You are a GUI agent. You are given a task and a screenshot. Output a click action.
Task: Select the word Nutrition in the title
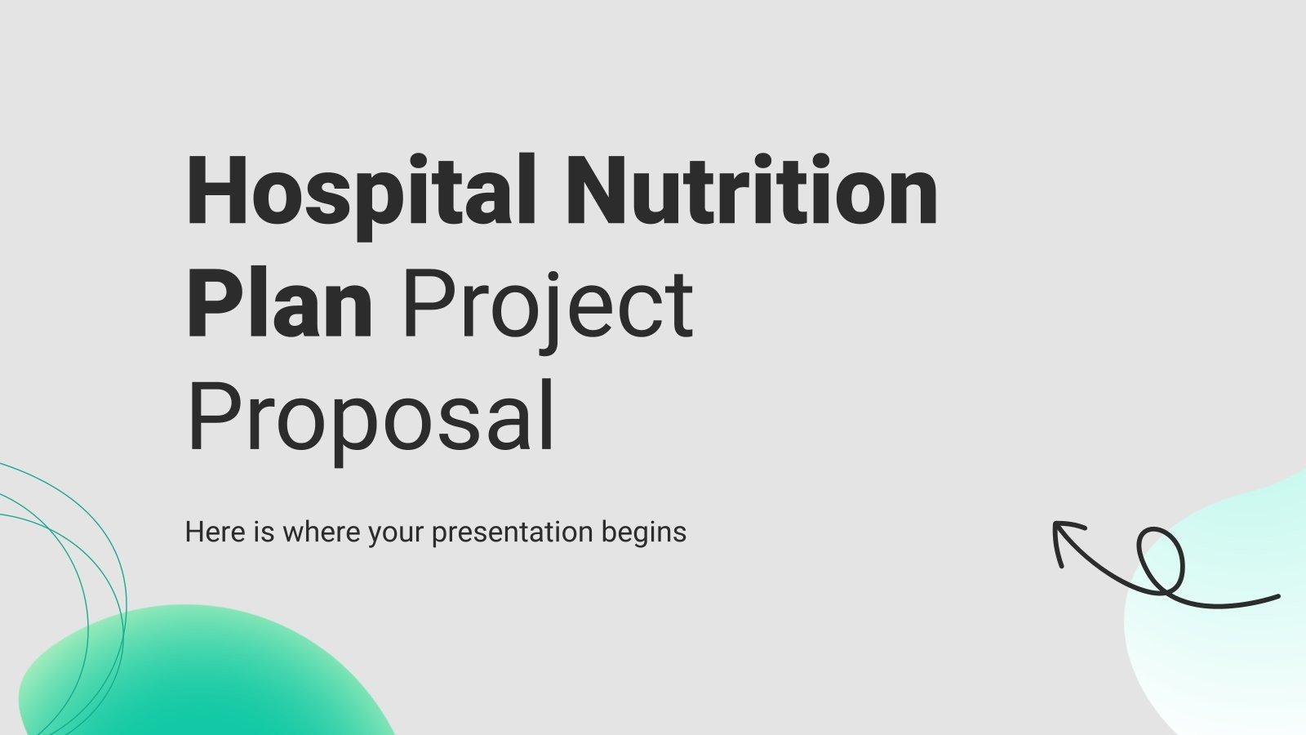click(x=751, y=192)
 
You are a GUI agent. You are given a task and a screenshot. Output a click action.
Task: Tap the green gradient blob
click(x=204, y=678)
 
